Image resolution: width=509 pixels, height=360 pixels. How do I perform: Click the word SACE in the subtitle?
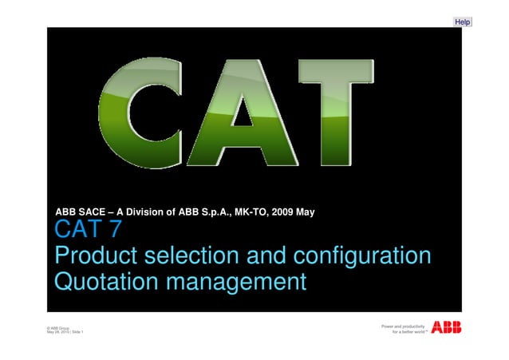click(x=93, y=212)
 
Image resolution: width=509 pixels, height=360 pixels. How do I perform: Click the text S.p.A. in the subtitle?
click(x=215, y=212)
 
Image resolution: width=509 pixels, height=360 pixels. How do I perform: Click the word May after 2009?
click(x=309, y=212)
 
